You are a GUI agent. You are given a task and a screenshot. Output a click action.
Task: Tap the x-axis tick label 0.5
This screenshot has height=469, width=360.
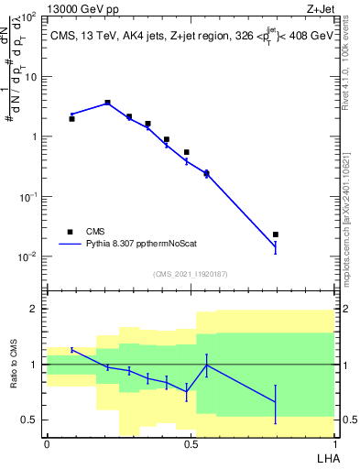(191, 443)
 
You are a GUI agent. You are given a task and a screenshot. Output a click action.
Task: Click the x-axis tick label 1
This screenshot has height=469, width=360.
(334, 443)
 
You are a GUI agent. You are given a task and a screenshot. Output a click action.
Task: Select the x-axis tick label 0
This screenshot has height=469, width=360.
(47, 443)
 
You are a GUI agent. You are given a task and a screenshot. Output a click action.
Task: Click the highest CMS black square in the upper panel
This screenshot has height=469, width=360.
(107, 103)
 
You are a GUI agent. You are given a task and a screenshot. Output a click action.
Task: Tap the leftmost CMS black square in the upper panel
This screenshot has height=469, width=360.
(71, 119)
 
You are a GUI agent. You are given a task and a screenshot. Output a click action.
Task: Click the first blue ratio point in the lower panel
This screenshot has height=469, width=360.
(71, 350)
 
